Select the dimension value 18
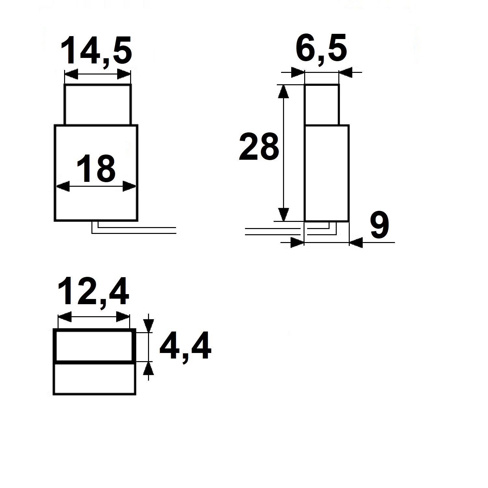(x=96, y=169)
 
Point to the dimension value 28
(x=259, y=147)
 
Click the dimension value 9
(x=379, y=225)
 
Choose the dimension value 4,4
(x=185, y=346)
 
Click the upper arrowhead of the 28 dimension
(x=284, y=92)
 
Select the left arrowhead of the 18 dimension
(x=63, y=187)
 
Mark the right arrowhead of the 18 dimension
(x=129, y=187)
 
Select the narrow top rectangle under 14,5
(x=98, y=104)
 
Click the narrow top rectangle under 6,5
(x=322, y=104)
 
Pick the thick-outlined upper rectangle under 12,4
(x=94, y=346)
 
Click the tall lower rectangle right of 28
(x=327, y=173)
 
